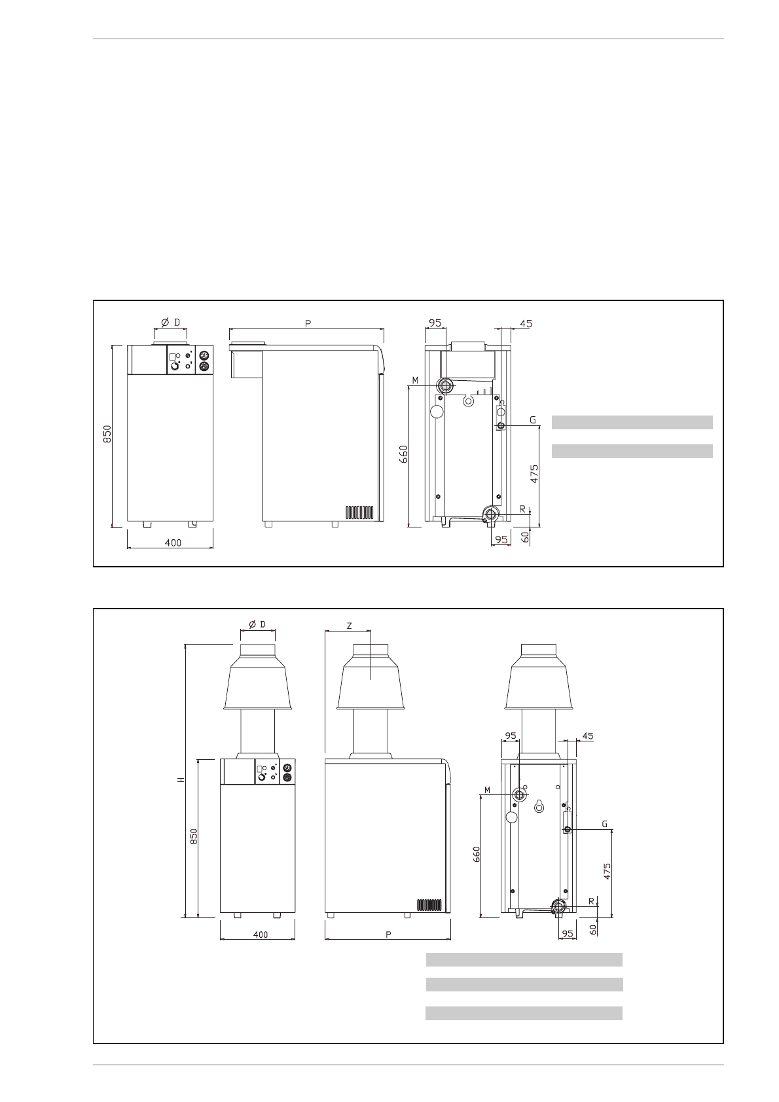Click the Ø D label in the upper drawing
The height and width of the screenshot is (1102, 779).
[x=170, y=322]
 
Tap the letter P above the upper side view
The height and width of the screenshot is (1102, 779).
[x=308, y=324]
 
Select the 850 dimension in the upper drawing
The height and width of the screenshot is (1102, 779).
[x=107, y=434]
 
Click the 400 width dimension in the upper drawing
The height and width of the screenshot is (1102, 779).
[x=173, y=542]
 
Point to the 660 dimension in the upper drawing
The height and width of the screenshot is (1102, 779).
[x=403, y=454]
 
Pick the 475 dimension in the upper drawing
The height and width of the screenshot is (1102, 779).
[x=534, y=474]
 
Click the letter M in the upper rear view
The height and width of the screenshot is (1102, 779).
[x=415, y=380]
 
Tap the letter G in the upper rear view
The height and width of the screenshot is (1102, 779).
[x=532, y=420]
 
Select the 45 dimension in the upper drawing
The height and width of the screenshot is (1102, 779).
[x=526, y=324]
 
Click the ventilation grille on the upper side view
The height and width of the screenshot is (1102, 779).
[x=359, y=512]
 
